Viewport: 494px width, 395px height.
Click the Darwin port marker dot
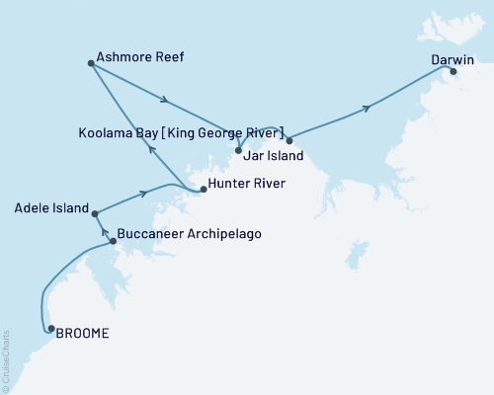tap(453, 71)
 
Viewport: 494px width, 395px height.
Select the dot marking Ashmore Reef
tap(91, 64)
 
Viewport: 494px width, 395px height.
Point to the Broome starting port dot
tap(51, 330)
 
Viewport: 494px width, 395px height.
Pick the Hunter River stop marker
tap(203, 189)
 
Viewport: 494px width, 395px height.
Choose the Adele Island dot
tap(95, 213)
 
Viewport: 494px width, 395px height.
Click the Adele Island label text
tap(50, 208)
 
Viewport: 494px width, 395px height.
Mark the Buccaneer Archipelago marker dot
tap(113, 240)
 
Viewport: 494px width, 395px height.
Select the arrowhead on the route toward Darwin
tap(368, 108)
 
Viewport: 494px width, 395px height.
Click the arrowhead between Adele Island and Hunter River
tap(144, 194)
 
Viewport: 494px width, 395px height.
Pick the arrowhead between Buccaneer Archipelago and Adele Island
tap(105, 233)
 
